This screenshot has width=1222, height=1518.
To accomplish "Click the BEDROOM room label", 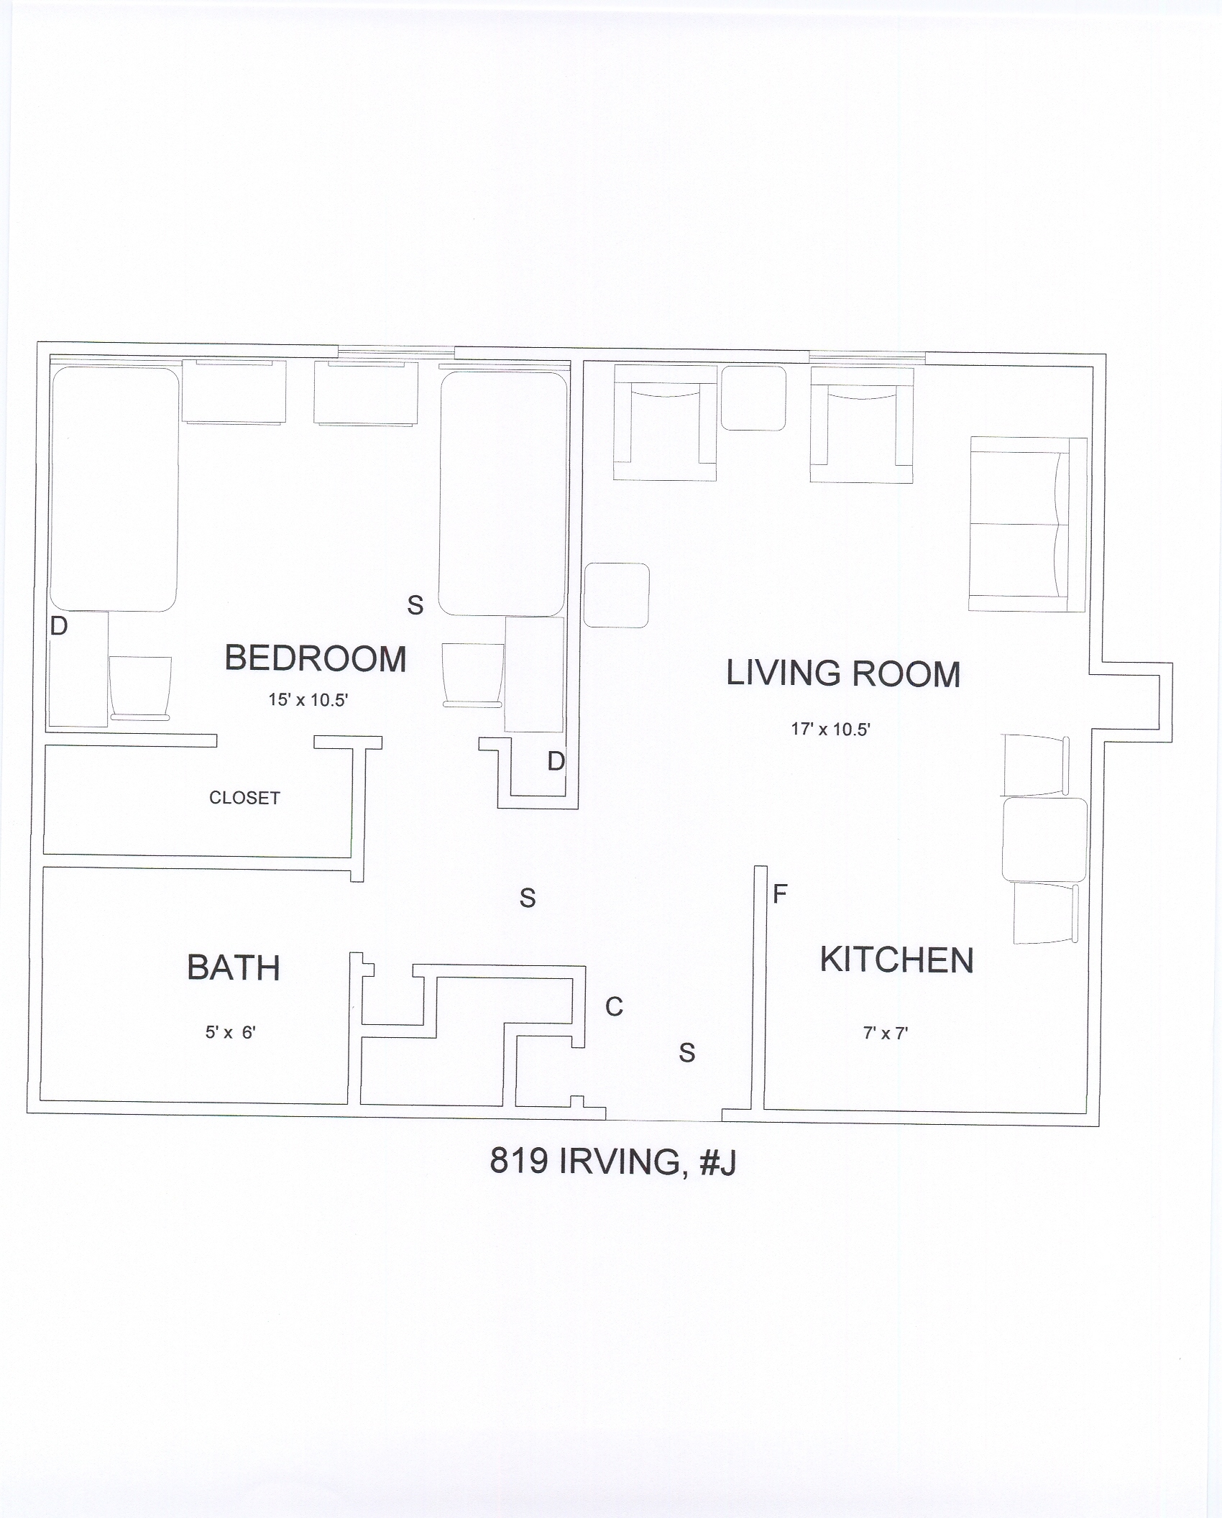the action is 316,659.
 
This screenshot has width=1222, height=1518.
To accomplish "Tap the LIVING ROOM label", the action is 843,674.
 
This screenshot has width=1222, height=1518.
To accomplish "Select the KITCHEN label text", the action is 897,960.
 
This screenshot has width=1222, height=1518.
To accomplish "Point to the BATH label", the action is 234,968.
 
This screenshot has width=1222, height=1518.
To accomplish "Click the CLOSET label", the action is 244,798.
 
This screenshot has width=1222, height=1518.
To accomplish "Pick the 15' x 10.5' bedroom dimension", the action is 308,700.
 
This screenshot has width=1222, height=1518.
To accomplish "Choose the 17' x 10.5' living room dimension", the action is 831,730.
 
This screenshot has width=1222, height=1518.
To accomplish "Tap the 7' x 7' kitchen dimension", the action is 886,1034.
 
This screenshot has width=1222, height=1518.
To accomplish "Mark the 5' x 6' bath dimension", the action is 231,1033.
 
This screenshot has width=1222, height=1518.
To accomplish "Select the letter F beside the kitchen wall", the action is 781,894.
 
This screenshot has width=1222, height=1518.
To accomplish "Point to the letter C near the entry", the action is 614,1008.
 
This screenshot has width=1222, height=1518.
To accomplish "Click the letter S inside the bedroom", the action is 415,605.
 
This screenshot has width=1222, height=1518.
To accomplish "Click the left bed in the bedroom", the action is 114,489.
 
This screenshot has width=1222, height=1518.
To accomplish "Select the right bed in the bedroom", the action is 503,494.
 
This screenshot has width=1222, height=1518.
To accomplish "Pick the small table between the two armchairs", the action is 753,398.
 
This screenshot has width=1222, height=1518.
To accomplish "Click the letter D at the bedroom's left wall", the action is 59,627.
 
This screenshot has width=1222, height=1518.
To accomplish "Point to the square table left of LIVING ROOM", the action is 616,595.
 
